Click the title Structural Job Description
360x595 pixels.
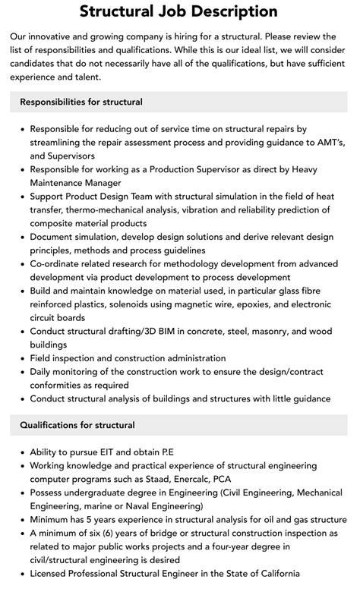point(179,12)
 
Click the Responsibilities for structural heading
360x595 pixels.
point(81,102)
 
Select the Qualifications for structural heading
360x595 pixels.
point(77,425)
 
